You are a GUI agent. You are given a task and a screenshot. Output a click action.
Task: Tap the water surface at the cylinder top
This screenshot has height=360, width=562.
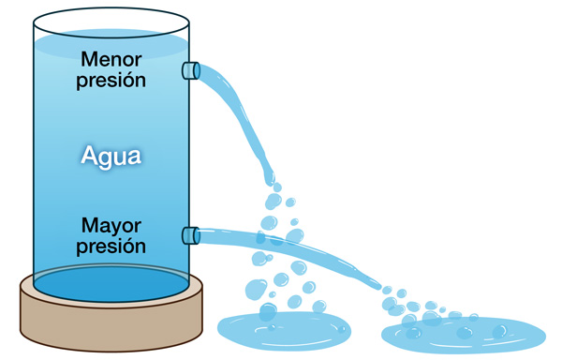111,42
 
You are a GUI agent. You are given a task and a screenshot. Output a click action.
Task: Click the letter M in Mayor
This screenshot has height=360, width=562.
90,227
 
